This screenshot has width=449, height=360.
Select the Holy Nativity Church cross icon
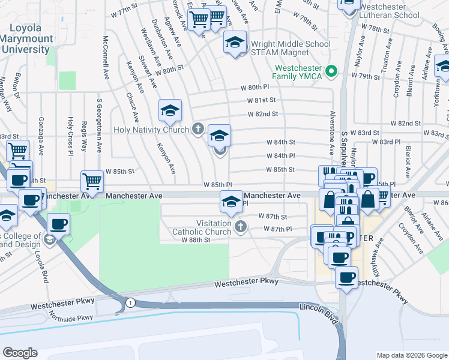pyautogui.click(x=198, y=128)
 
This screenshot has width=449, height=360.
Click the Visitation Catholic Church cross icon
pyautogui.click(x=240, y=226)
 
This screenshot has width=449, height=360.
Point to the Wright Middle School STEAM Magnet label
pyautogui.click(x=291, y=48)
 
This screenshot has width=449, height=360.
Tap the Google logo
pyautogui.click(x=20, y=353)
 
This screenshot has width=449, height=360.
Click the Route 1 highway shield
pyautogui.click(x=130, y=304)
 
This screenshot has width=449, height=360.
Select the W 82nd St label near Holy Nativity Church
pyautogui.click(x=263, y=113)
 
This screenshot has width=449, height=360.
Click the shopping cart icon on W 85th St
pyautogui.click(x=92, y=181)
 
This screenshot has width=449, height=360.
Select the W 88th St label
pyautogui.click(x=196, y=239)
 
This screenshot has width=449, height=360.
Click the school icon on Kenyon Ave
pyautogui.click(x=170, y=110)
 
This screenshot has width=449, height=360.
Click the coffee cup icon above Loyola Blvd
pyautogui.click(x=58, y=224)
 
